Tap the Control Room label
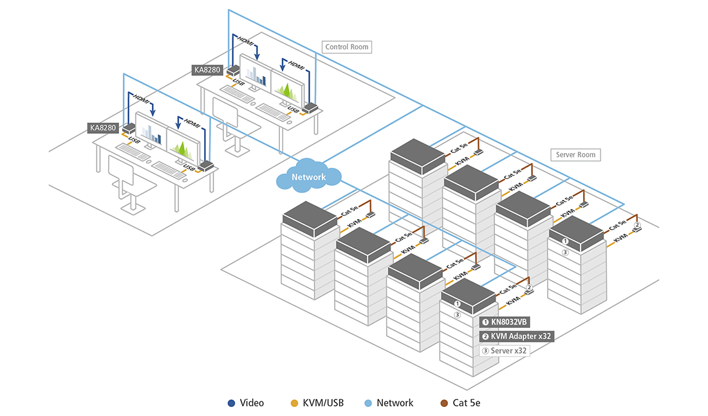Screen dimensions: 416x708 348,47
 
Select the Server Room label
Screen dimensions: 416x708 576,155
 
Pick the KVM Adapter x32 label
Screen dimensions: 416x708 517,336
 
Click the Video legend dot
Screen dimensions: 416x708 231,403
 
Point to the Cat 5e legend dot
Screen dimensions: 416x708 443,403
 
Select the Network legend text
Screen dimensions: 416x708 395,403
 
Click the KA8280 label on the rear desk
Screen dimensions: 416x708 208,69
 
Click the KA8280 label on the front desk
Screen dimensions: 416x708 103,128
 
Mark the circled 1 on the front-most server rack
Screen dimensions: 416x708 457,303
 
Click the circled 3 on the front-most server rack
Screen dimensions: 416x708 457,314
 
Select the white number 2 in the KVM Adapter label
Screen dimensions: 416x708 485,336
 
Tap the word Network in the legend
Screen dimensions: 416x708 395,403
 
